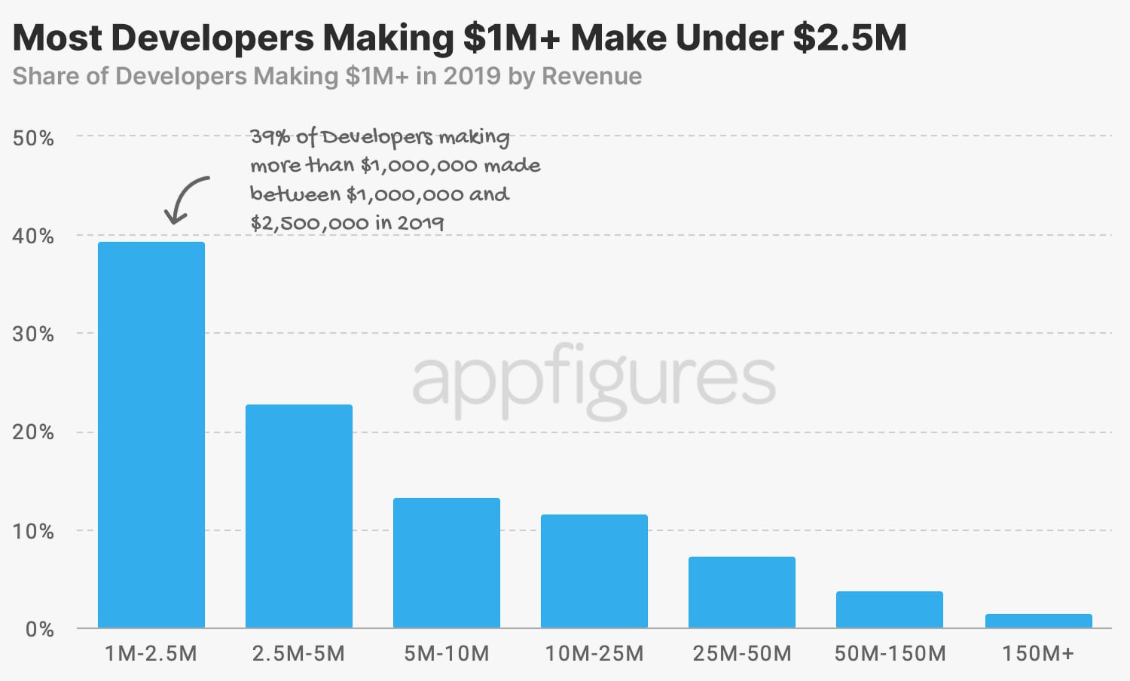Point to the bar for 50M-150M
click(890, 609)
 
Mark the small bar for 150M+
click(1038, 621)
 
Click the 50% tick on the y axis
click(33, 138)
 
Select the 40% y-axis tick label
click(33, 236)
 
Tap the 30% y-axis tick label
click(33, 334)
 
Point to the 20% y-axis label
click(33, 432)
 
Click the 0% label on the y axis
click(39, 629)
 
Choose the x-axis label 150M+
click(1038, 653)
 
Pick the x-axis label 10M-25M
click(594, 653)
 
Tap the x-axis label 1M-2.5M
click(151, 653)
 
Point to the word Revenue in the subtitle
click(592, 76)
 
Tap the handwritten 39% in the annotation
click(270, 136)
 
